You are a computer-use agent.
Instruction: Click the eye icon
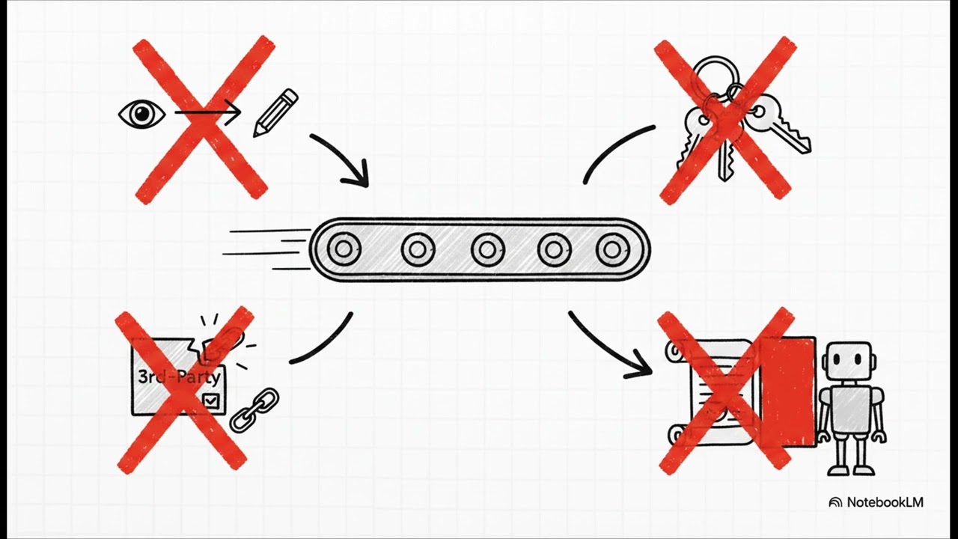pyautogui.click(x=142, y=114)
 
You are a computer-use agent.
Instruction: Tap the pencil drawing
pyautogui.click(x=275, y=113)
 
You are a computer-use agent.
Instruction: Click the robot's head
pyautogui.click(x=848, y=360)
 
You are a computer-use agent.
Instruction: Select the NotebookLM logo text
pyautogui.click(x=885, y=502)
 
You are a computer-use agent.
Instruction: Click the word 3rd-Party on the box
pyautogui.click(x=179, y=377)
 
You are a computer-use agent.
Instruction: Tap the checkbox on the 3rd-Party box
pyautogui.click(x=211, y=401)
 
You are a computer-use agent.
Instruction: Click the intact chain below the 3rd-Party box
pyautogui.click(x=254, y=409)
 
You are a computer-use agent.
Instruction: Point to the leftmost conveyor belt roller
pyautogui.click(x=344, y=249)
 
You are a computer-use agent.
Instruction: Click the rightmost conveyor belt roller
pyautogui.click(x=612, y=249)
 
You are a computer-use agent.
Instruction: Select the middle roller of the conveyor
pyautogui.click(x=487, y=249)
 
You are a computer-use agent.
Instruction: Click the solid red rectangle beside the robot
pyautogui.click(x=788, y=392)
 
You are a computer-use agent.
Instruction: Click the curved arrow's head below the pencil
pyautogui.click(x=357, y=174)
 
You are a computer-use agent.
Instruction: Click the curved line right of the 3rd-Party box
pyautogui.click(x=326, y=344)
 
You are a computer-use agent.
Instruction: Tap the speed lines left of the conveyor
pyautogui.click(x=267, y=250)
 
